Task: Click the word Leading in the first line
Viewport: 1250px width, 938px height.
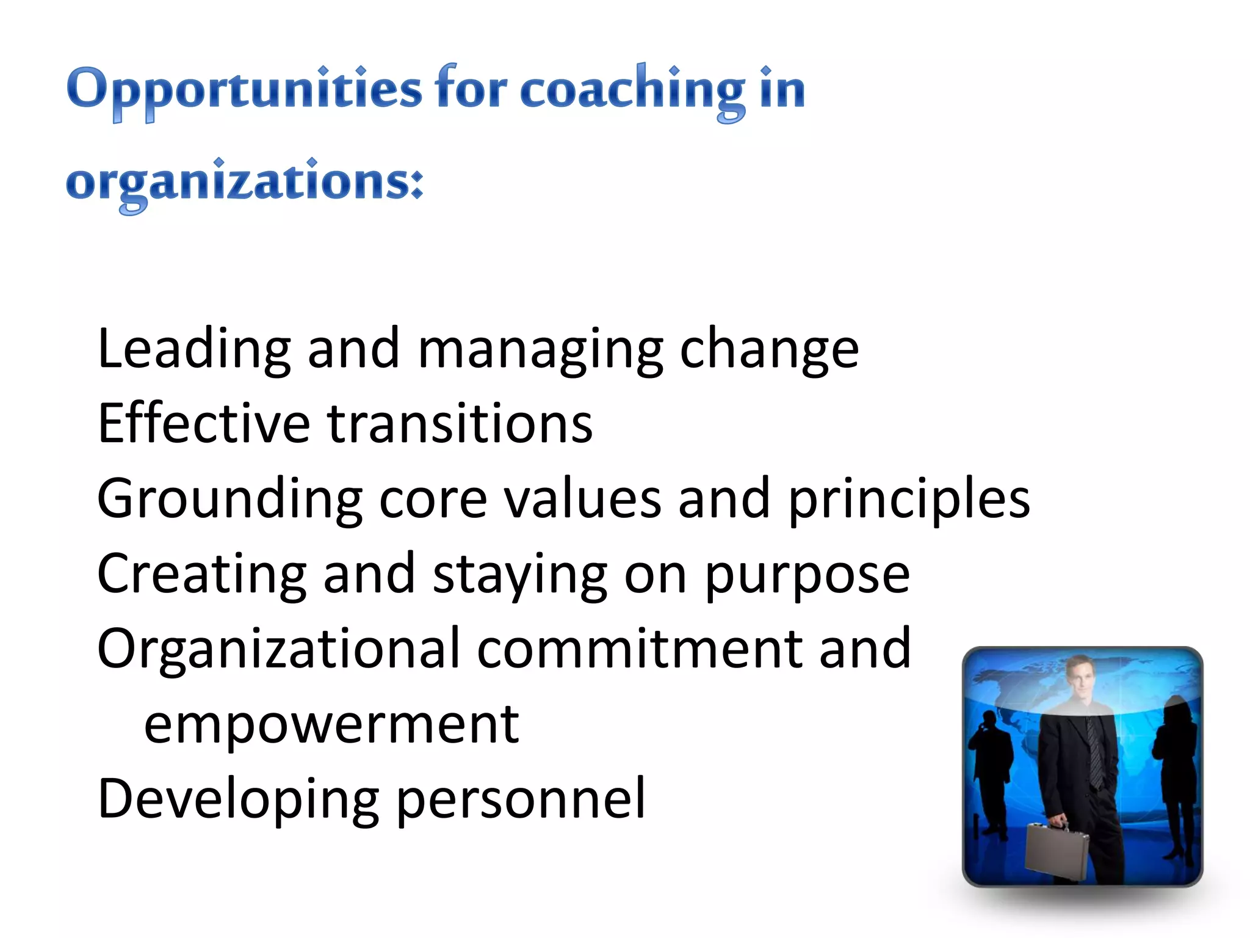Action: coord(194,349)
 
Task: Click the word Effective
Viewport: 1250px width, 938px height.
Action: coord(204,423)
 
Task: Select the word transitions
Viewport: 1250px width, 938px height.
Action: coord(460,423)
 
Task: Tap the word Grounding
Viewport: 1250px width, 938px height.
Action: coord(229,499)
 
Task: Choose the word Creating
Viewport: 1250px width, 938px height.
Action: coord(201,574)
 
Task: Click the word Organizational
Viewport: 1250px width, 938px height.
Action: coord(278,649)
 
